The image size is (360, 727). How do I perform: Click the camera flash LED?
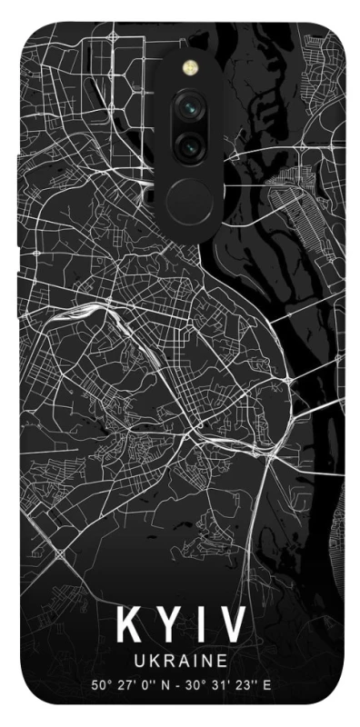pos(192,66)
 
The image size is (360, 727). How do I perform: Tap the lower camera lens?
pos(192,142)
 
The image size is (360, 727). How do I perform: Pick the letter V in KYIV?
pos(232,626)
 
